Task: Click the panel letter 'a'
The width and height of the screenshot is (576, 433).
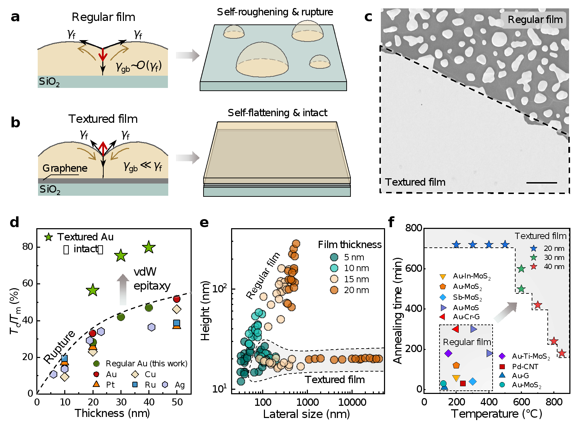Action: [15, 17]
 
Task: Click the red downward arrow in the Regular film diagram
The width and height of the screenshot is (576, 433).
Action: [103, 55]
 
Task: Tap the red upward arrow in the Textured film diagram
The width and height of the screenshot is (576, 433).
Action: [103, 148]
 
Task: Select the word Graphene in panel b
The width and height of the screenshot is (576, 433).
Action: [65, 169]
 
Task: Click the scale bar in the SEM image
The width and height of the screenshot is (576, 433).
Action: [542, 182]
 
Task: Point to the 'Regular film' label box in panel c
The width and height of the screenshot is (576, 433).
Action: [533, 20]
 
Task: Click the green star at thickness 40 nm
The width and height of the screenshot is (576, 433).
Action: [149, 247]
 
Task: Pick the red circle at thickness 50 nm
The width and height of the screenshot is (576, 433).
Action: [177, 299]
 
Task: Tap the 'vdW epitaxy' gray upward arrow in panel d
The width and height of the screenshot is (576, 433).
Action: [123, 290]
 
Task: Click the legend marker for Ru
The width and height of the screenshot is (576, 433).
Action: [135, 385]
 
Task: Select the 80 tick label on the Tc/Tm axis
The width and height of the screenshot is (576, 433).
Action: [28, 247]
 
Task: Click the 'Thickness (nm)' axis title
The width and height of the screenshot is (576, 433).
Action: [112, 413]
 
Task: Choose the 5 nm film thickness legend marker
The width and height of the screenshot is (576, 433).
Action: [334, 257]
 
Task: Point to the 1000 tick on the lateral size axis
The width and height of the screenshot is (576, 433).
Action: [307, 402]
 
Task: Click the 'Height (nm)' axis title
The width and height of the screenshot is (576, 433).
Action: [205, 311]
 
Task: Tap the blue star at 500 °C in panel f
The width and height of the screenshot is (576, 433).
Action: [505, 245]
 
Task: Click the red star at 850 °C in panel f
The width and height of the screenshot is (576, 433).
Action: [562, 353]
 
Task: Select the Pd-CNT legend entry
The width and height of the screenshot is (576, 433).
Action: [518, 367]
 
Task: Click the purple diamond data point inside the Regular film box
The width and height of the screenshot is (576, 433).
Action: [449, 353]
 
